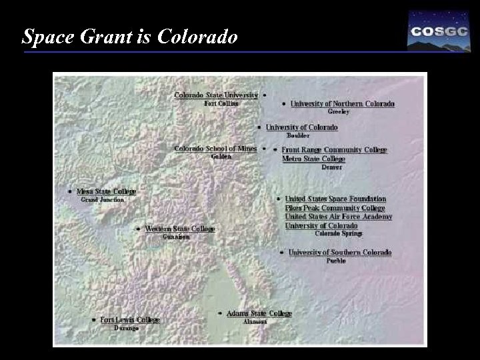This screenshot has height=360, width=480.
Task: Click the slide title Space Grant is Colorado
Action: [x=129, y=37]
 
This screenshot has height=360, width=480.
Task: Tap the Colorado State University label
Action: [x=216, y=95]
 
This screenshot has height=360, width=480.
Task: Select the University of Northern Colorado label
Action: [x=342, y=103]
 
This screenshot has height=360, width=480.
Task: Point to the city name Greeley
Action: [x=339, y=112]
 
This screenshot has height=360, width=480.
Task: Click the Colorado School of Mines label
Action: [x=215, y=149]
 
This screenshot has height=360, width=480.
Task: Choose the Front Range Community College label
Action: [x=334, y=150]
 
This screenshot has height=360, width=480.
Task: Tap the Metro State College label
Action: [x=313, y=159]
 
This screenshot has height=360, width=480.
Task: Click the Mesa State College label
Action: [x=106, y=191]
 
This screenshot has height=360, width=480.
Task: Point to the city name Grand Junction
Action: [x=102, y=200]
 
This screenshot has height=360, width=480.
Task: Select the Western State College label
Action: [x=180, y=229]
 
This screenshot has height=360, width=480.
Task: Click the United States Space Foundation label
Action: [x=335, y=199]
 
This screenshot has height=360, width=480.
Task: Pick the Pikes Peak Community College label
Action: [x=335, y=208]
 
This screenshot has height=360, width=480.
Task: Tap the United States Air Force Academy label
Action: [x=339, y=217]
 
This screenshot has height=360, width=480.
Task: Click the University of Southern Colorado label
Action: [x=340, y=253]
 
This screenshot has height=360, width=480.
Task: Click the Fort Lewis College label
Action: [x=130, y=320]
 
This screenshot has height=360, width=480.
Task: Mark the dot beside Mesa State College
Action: [x=70, y=191]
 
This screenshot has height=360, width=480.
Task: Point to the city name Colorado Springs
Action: [x=338, y=234]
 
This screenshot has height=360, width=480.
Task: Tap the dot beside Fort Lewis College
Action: [x=93, y=320]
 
